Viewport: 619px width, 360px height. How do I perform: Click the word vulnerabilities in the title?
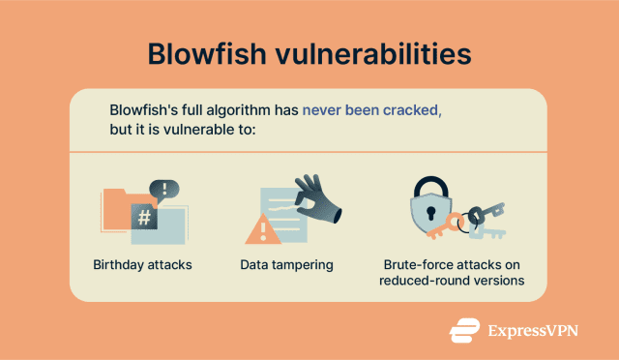coord(377,54)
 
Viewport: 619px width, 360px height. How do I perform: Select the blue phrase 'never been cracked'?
coord(370,109)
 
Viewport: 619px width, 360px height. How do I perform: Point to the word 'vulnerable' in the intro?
coord(198,131)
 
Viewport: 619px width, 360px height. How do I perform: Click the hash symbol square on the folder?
coord(143,216)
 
